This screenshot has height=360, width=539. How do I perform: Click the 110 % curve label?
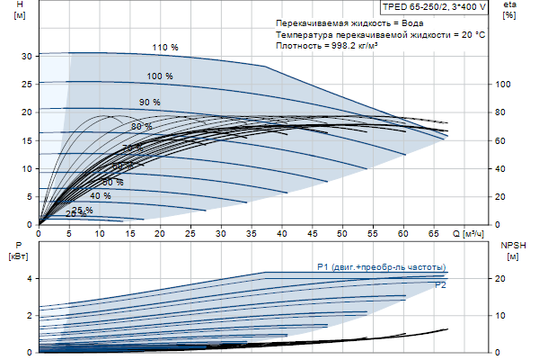pos(165,47)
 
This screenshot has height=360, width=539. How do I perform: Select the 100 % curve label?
pos(160,76)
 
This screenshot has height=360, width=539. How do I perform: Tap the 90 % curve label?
pos(149,102)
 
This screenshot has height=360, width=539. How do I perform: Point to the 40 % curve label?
pos(101,195)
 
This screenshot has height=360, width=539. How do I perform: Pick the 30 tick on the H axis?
pos(27,56)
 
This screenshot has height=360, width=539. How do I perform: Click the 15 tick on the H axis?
pos(27,140)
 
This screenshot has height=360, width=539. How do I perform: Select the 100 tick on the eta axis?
pos(504,84)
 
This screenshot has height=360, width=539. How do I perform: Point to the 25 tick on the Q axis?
pos(190,233)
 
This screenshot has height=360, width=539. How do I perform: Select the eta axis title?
pos(509,10)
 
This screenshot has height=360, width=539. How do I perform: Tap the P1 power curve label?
pos(381,267)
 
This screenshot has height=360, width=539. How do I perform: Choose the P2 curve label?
pos(441,284)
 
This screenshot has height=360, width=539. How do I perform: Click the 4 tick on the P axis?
pos(30,278)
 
